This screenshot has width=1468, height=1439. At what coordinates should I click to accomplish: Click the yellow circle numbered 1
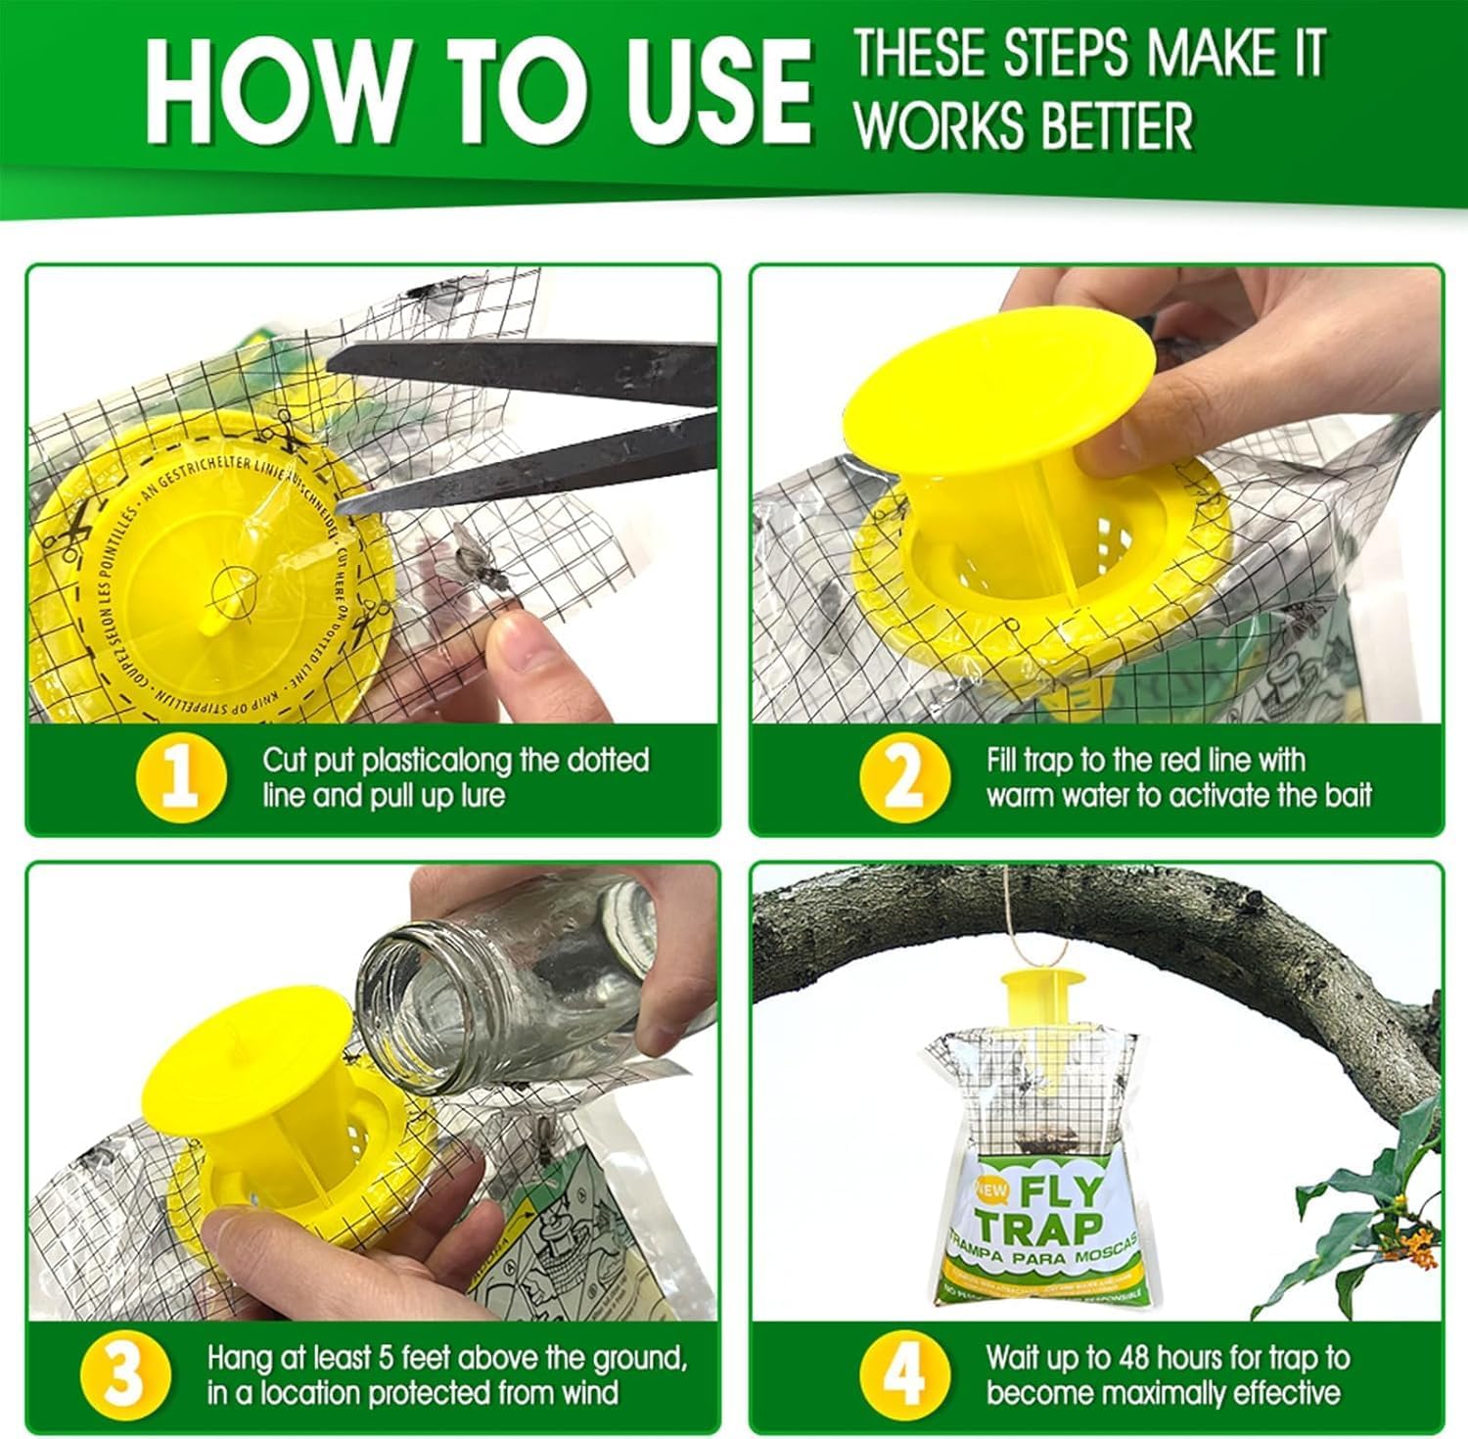[x=181, y=777]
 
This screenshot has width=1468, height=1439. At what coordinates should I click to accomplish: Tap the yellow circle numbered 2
[x=904, y=777]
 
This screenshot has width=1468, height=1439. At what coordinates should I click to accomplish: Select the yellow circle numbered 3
[x=123, y=1374]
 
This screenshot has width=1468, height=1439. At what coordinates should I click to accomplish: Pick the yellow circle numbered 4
[x=904, y=1374]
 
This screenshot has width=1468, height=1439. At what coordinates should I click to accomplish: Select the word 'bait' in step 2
[x=1349, y=795]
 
